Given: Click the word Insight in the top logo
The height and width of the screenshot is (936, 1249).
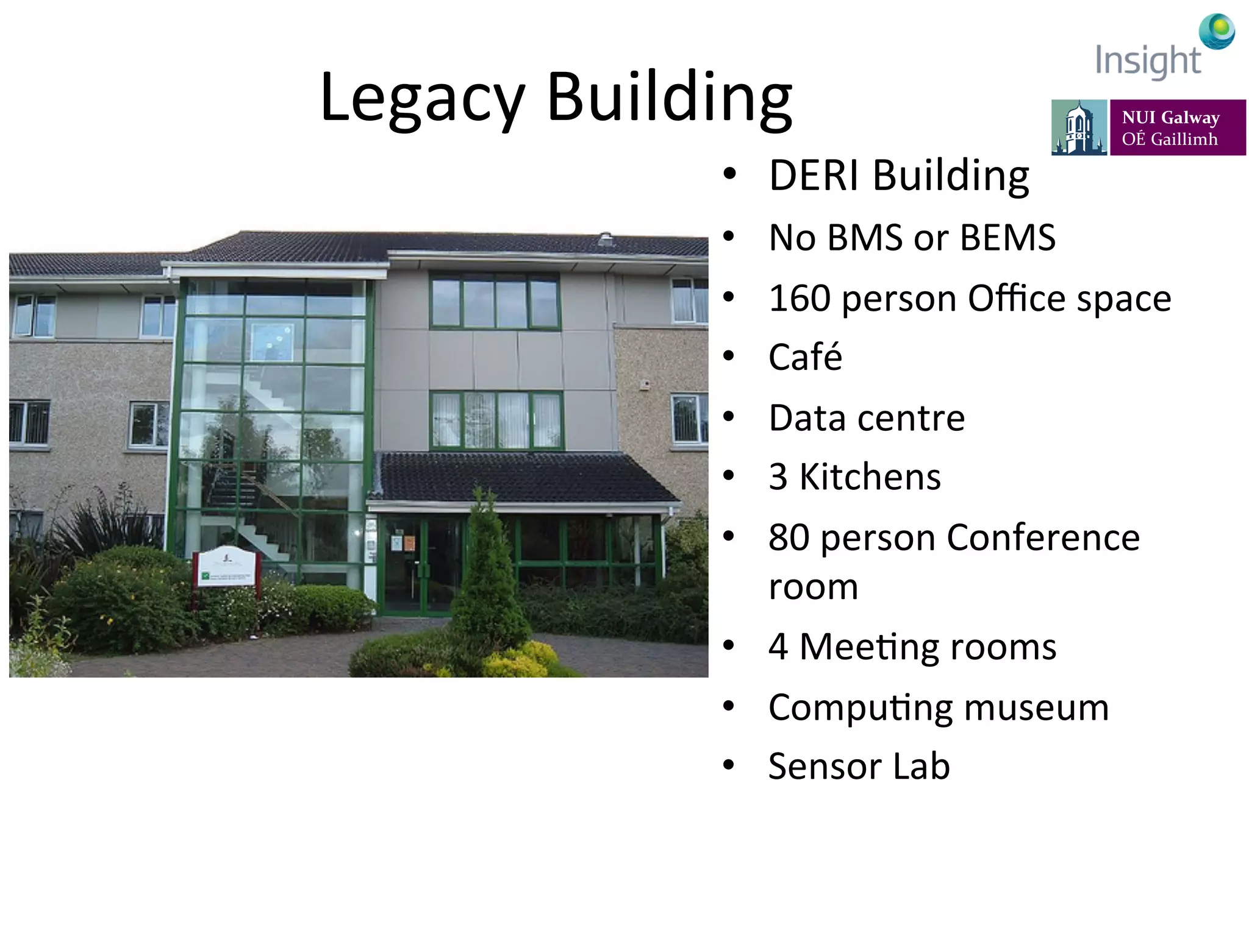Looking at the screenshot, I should [x=1148, y=62].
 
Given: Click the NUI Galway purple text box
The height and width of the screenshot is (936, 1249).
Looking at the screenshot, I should [x=1177, y=128].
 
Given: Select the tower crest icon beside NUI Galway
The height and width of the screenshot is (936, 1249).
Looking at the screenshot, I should [x=1078, y=128].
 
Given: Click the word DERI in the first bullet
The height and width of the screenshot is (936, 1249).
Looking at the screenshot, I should [x=814, y=175].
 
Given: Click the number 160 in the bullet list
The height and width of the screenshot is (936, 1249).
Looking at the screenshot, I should [x=800, y=299].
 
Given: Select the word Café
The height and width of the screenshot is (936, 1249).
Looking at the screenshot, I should [x=805, y=357].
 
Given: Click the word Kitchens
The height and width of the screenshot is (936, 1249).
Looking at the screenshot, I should [x=870, y=477].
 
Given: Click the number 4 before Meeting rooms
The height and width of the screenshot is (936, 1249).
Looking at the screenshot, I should [x=778, y=647].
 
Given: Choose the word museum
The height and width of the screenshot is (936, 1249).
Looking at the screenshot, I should [x=1036, y=707].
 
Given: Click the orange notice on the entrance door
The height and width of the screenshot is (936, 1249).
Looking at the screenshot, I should [x=409, y=542].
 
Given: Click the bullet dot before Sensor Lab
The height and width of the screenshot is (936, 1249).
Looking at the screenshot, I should [x=729, y=765].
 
